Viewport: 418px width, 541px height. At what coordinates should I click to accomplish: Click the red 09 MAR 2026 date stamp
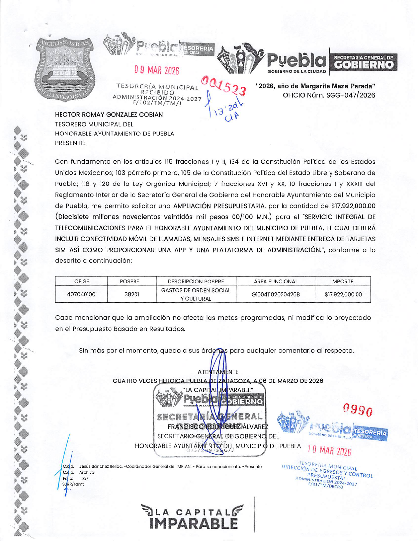tap(156, 70)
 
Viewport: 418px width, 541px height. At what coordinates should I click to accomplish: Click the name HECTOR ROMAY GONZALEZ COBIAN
tap(109, 115)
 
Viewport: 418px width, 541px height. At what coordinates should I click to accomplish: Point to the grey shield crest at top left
tap(66, 69)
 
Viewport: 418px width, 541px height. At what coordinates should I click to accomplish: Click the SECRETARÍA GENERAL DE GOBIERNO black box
tap(363, 62)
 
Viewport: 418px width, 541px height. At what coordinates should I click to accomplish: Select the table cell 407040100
tap(81, 294)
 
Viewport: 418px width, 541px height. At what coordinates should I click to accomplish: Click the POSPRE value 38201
tap(132, 294)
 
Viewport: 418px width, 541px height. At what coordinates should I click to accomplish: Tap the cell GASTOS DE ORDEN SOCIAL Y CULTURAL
tap(196, 294)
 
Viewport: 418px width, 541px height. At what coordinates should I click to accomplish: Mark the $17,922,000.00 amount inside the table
tap(343, 294)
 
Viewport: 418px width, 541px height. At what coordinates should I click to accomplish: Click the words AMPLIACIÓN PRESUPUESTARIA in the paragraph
tap(219, 206)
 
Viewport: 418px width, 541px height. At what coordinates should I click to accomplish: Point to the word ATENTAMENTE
tap(218, 372)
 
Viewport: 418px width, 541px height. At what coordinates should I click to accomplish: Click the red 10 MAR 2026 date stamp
tap(329, 451)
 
